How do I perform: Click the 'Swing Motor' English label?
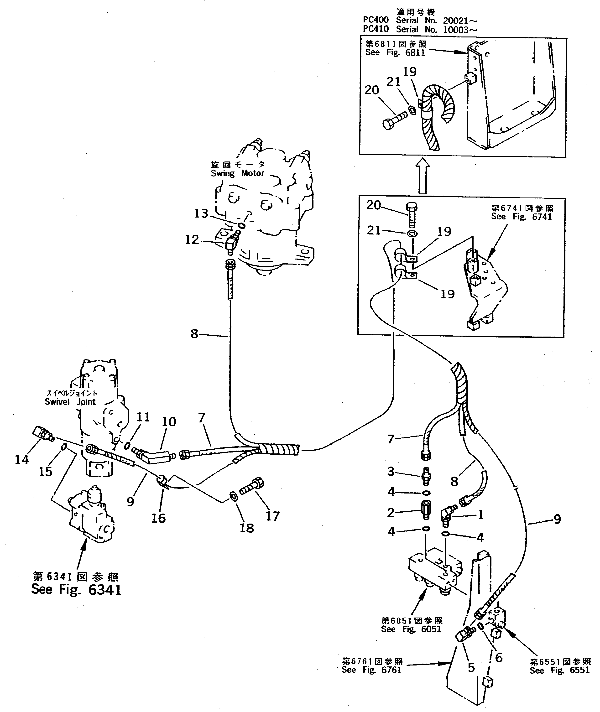[237, 173]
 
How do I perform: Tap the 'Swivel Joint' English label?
[70, 402]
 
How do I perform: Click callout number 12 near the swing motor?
[192, 240]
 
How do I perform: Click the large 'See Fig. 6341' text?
[76, 589]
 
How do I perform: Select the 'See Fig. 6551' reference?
[559, 670]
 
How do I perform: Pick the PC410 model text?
[376, 30]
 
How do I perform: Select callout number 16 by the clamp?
[158, 518]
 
